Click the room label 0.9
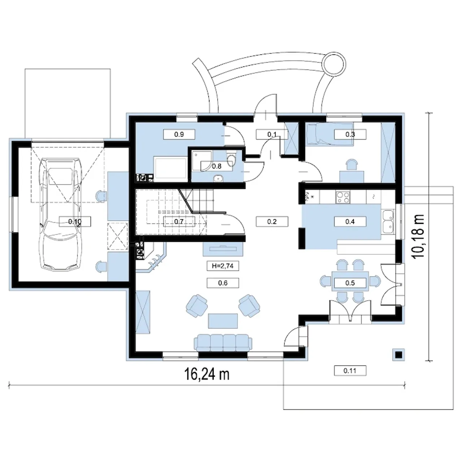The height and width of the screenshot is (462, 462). pos(179,134)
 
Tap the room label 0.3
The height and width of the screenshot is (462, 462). pos(350,134)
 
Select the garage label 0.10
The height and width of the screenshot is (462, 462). pos(75,222)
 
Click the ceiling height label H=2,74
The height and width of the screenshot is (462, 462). pos(223,266)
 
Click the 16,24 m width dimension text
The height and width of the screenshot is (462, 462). pos(207,374)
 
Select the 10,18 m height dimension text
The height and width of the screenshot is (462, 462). pos(418,236)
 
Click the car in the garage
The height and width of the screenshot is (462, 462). pos(60,214)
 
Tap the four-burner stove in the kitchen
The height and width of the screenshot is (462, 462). pos(343,197)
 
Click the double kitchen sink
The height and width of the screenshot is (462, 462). pos(388,221)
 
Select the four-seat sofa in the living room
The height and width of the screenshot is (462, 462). pos(223,343)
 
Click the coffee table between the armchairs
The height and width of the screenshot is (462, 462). pos(223,321)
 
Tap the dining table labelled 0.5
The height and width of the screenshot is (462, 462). pos(350,281)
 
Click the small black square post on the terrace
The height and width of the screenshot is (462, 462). pos(399,354)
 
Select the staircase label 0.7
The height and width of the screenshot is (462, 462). pos(179,222)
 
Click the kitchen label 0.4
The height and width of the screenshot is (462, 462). pos(350,222)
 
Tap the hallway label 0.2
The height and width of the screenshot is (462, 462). pos(272,222)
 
